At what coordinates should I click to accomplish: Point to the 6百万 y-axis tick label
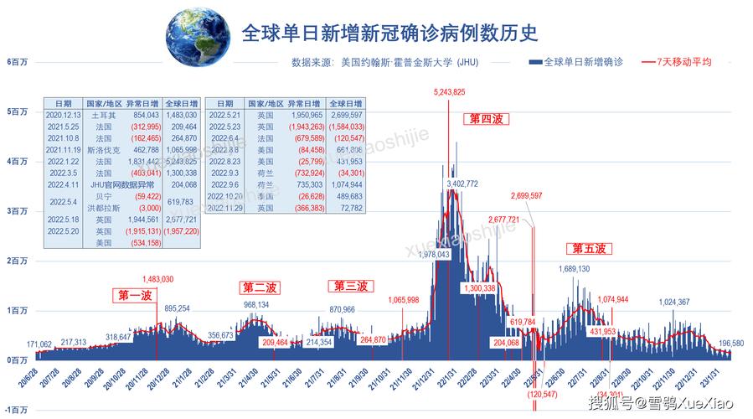coord(16,62)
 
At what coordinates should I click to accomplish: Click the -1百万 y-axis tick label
coord(16,410)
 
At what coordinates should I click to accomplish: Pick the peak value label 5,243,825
coord(449,91)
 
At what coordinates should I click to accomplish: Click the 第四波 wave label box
coord(485,120)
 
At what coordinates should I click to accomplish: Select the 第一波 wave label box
coord(134,296)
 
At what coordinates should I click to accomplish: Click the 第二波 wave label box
coord(260,287)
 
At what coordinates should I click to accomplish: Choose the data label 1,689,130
coord(574,269)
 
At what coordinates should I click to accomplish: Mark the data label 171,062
coord(39,344)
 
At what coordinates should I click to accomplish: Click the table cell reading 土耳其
coord(104,114)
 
